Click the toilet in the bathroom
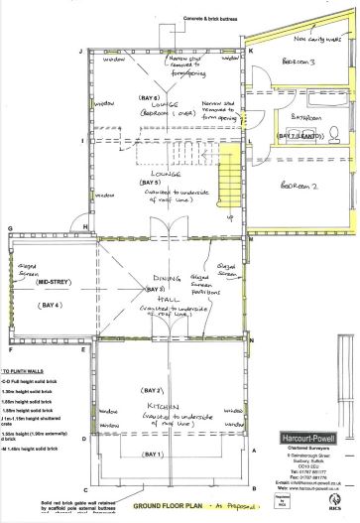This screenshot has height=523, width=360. tap(334, 131)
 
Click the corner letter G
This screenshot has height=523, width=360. tap(9, 228)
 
